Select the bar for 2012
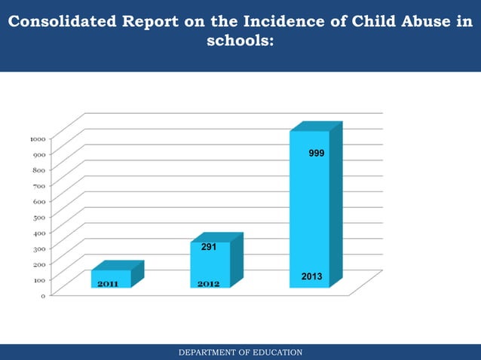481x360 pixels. click(x=210, y=264)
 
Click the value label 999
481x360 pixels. click(x=317, y=154)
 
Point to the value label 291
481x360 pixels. click(x=209, y=247)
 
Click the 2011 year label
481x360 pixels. click(x=107, y=284)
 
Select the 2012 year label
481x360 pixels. click(x=208, y=284)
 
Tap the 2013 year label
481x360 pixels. click(x=311, y=277)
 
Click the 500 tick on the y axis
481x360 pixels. click(x=38, y=217)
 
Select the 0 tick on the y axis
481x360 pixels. click(x=42, y=295)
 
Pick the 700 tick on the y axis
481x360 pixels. click(x=38, y=185)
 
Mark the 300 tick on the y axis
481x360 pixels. click(x=38, y=248)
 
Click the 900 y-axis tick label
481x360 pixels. click(x=38, y=154)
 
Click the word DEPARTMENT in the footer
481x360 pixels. click(x=204, y=352)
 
